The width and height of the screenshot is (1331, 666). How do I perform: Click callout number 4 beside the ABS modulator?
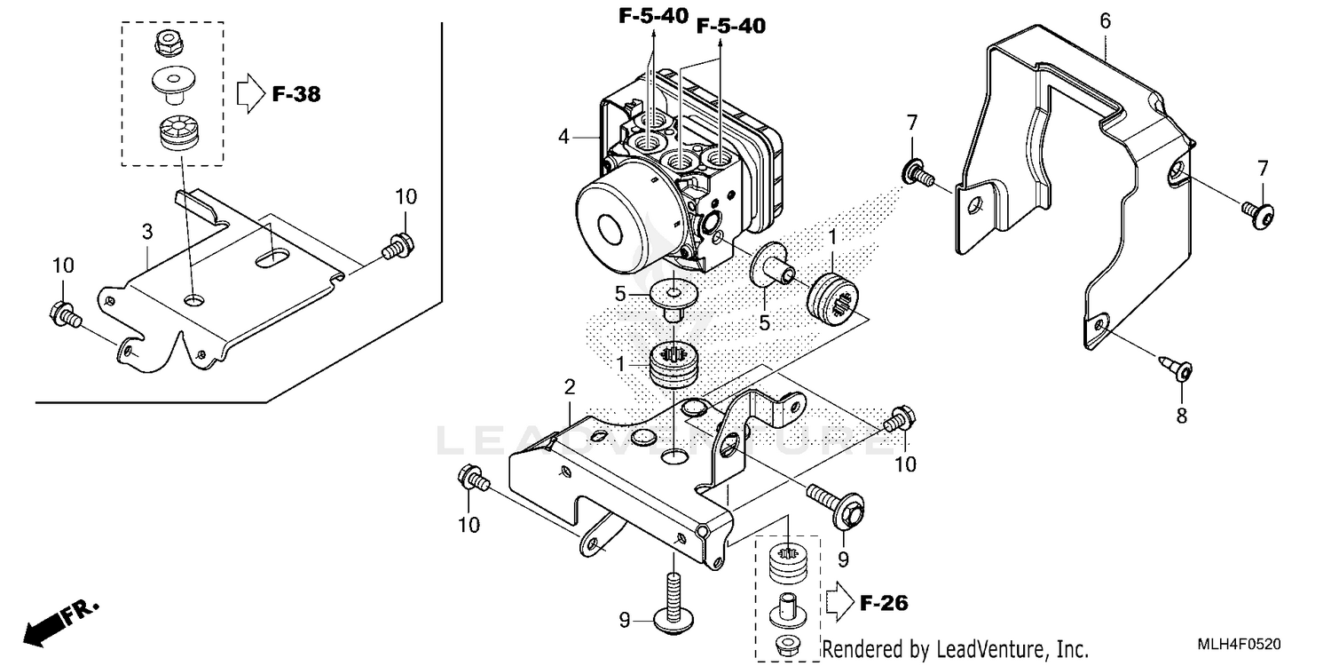tap(563, 137)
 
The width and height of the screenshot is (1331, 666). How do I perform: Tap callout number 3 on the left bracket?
tap(147, 232)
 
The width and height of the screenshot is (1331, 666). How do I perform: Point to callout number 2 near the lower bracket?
tap(570, 386)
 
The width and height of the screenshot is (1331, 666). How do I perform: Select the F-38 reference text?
tap(295, 93)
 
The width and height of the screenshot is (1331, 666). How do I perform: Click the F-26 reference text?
tap(884, 604)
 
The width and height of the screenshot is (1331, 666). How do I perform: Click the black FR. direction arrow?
tap(49, 627)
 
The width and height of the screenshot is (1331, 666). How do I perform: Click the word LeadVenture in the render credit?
tap(981, 649)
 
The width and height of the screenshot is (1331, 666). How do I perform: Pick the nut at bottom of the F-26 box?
tap(786, 644)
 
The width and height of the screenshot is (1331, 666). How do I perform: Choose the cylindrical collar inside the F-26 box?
tap(786, 611)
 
